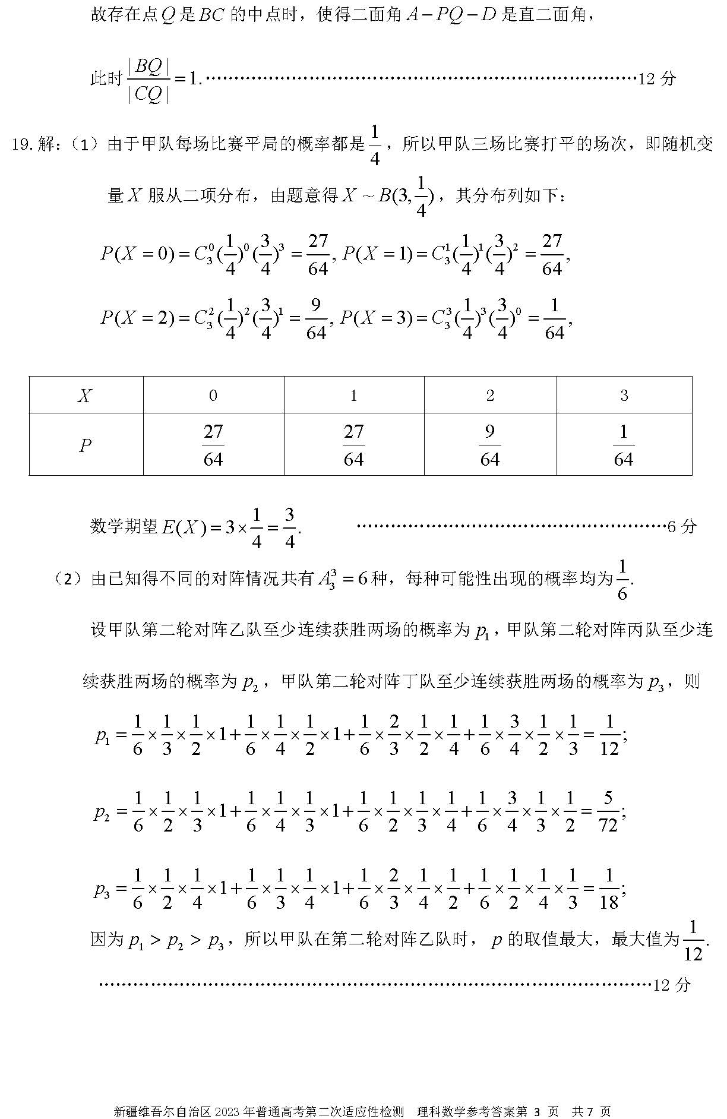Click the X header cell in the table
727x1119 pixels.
[86, 396]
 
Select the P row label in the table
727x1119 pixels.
[86, 445]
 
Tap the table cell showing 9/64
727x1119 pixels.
[490, 445]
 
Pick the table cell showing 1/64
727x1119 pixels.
[624, 445]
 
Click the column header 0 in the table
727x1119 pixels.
[213, 396]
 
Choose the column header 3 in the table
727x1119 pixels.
[624, 396]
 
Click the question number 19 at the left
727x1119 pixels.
[21, 144]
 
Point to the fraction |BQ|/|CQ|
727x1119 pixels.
[148, 80]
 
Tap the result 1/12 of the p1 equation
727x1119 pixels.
[609, 735]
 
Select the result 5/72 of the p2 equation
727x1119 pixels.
[608, 811]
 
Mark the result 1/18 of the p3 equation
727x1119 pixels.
[609, 889]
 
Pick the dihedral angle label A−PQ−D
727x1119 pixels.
[450, 15]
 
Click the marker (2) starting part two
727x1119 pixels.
[69, 579]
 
